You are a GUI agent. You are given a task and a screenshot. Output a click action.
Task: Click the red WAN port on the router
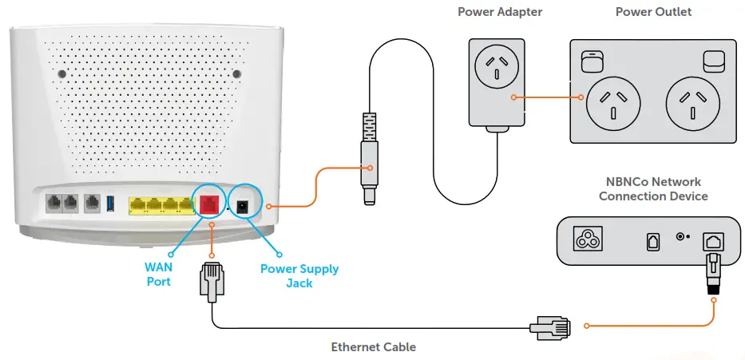208,204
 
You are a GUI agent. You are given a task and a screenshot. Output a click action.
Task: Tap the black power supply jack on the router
245,204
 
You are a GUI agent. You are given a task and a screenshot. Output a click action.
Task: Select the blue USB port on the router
110,204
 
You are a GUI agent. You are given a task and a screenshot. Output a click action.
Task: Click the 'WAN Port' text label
158,275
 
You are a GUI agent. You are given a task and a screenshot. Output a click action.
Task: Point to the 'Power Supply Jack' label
299,275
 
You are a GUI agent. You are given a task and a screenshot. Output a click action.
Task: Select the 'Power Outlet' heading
653,12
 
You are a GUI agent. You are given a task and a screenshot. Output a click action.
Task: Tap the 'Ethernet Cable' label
374,347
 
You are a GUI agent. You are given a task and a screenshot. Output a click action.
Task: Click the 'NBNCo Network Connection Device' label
653,189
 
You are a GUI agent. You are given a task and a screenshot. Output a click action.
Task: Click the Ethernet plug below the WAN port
210,280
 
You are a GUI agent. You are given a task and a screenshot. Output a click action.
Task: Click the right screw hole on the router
236,74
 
